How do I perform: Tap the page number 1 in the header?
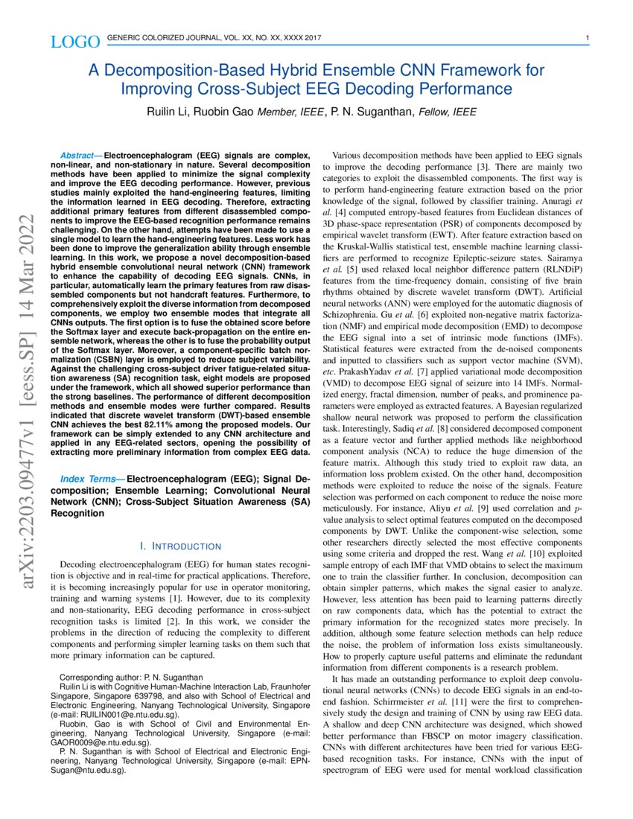tap(588, 39)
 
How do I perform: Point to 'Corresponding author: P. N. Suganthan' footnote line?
tap(131, 678)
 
